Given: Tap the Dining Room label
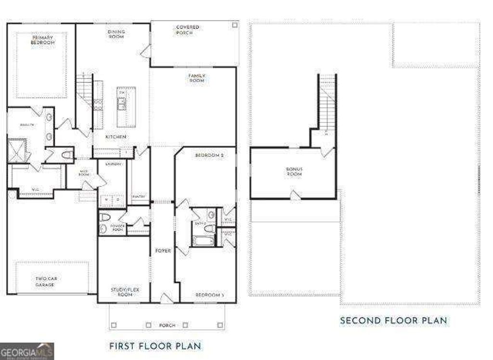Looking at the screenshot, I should point(116,34).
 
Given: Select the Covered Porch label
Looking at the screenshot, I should point(187,30).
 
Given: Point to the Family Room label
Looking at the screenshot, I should point(196,78).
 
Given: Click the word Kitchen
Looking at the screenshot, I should point(116,137).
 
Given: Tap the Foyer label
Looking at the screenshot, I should point(163,251).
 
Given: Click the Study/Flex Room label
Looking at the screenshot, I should point(121,292).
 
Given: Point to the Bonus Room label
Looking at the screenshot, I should point(294,172).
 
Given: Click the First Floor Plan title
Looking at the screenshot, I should point(155,346).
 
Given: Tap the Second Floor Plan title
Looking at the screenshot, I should point(393,320).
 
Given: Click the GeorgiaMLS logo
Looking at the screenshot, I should point(27,351).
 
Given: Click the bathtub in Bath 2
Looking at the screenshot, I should point(204,240).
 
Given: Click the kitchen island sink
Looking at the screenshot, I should point(123,101).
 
